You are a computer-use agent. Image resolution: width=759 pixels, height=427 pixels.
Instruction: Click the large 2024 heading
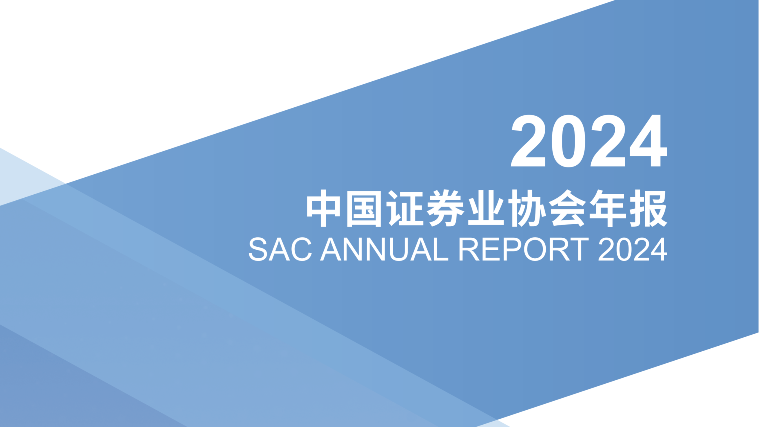pyautogui.click(x=589, y=141)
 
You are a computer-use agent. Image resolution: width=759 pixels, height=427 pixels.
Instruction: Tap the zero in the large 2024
pyautogui.click(x=568, y=141)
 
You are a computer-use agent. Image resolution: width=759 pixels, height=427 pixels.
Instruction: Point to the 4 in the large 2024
pyautogui.click(x=648, y=141)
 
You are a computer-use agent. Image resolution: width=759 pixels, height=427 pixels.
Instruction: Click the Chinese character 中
pyautogui.click(x=323, y=208)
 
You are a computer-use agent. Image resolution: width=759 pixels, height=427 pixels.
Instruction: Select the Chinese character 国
pyautogui.click(x=364, y=208)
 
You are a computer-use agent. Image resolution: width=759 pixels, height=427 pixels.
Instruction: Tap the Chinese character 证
pyautogui.click(x=405, y=208)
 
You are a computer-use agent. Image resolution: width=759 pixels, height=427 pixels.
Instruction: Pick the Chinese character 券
pyautogui.click(x=446, y=208)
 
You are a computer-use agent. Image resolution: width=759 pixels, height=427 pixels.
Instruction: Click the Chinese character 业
pyautogui.click(x=486, y=208)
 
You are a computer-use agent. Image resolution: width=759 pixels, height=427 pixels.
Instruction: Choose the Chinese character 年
pyautogui.click(x=608, y=208)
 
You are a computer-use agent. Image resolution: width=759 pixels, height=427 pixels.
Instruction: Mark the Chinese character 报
pyautogui.click(x=648, y=208)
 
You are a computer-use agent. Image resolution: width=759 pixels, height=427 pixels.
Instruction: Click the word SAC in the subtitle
pyautogui.click(x=280, y=249)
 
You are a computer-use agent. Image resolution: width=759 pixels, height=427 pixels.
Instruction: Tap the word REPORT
pyautogui.click(x=524, y=249)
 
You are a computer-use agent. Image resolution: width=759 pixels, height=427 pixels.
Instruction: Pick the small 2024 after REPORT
pyautogui.click(x=633, y=249)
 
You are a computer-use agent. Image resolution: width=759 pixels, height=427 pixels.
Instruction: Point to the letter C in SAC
pyautogui.click(x=302, y=249)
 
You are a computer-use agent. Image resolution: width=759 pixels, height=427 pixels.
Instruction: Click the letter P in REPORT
pyautogui.click(x=512, y=249)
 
